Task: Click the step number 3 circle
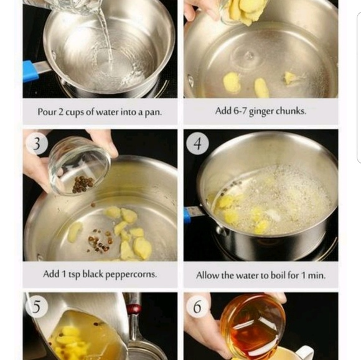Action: tap(37, 144)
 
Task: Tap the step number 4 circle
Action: tap(197, 144)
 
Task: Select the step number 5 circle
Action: tap(37, 307)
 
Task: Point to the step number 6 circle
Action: tap(197, 307)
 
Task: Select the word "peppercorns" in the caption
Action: tap(131, 274)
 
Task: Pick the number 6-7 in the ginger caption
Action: tap(240, 111)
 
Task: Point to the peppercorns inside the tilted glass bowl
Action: tap(83, 184)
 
